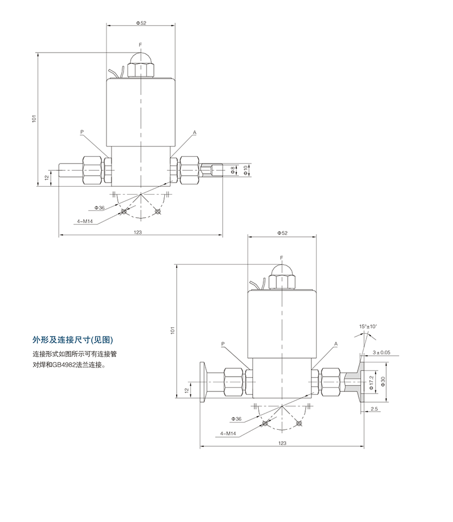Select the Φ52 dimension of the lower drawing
point(281,233)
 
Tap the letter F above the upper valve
point(141,44)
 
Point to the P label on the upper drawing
point(82,132)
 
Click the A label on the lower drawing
point(336,344)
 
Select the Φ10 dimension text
point(246,170)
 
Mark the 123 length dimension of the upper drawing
point(138,232)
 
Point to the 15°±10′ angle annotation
point(366,326)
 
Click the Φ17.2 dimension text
point(371,382)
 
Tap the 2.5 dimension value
point(374,408)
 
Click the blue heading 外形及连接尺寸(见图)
point(74,340)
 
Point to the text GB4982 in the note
point(63,365)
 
